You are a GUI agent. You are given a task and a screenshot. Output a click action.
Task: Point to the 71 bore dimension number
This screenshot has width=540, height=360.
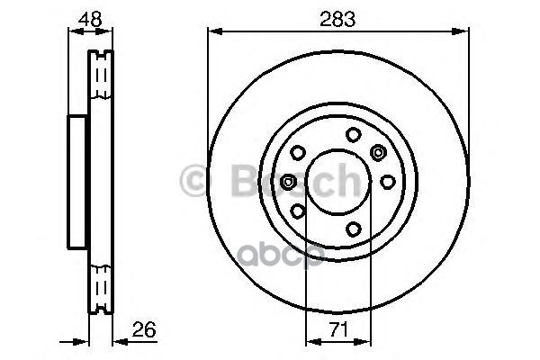point(337,329)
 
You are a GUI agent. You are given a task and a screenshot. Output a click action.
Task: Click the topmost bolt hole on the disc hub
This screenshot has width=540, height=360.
point(354,134)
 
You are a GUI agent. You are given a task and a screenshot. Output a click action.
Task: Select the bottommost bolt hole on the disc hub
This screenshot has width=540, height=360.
point(354,229)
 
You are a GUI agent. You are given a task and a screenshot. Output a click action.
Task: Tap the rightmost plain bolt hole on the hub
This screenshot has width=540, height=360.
point(387,181)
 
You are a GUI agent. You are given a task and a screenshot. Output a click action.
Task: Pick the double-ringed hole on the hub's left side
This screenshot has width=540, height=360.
point(288,182)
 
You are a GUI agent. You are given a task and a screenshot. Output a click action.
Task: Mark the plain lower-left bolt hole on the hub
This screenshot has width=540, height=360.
point(297,211)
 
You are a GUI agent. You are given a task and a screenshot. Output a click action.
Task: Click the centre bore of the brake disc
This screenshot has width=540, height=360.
point(337,182)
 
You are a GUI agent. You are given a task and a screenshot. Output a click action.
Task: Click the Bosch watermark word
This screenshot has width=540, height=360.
point(279,183)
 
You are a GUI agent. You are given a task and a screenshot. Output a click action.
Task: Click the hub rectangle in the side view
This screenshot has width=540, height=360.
point(78,182)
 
